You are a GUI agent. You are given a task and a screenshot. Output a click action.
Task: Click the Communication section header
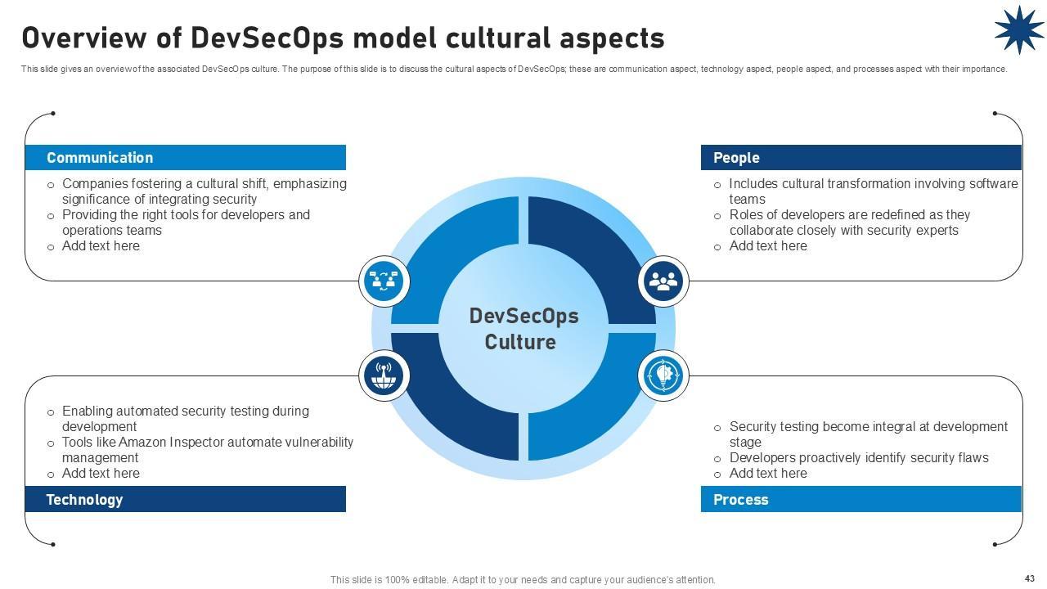[x=100, y=158]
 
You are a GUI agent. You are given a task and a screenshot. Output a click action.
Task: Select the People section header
[x=736, y=158]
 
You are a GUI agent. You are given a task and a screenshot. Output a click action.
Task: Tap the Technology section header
[x=84, y=500]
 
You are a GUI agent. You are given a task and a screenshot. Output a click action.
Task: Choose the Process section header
[x=740, y=500]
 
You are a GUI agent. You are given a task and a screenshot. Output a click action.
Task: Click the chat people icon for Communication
[x=384, y=281]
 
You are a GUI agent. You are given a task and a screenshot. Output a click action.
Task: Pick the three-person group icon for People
[x=663, y=281]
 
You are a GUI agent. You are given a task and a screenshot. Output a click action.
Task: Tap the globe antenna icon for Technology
[x=384, y=375]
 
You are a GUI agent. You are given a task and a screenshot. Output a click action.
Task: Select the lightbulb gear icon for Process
[x=663, y=375]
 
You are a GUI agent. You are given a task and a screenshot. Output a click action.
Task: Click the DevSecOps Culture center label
[x=523, y=329]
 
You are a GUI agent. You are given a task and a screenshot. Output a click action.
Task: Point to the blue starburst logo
[x=1018, y=30]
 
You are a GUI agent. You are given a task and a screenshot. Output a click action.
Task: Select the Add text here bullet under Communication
[x=101, y=246]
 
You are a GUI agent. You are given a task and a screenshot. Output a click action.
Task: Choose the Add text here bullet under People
[x=768, y=246]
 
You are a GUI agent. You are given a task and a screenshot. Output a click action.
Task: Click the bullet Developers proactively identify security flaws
[x=859, y=458]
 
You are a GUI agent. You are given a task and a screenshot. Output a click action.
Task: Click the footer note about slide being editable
[x=523, y=580]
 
